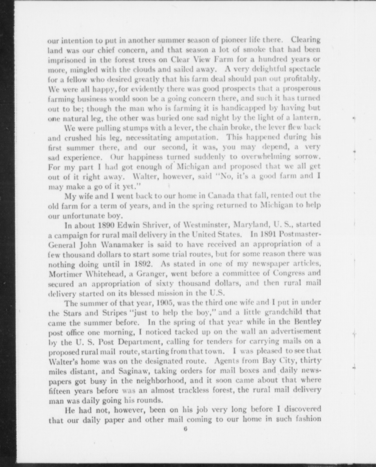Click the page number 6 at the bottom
(185, 429)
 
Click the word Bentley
(307, 322)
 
